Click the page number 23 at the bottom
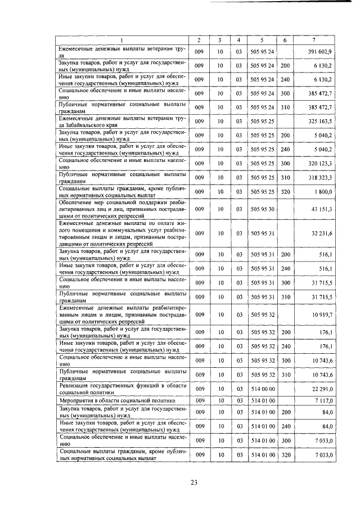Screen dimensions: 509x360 [194, 482]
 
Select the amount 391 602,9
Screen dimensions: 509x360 [321, 52]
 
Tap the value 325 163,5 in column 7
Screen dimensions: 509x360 [321, 121]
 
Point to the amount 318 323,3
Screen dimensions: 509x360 [321, 177]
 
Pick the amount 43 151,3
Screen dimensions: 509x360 [322, 209]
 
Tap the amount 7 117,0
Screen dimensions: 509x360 [324, 400]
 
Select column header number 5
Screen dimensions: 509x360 [262, 40]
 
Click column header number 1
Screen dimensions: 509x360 [121, 40]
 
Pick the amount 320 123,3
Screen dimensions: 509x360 [321, 163]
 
